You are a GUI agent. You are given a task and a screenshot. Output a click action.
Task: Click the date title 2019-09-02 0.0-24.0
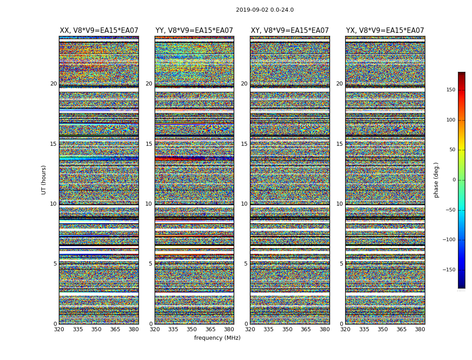265,10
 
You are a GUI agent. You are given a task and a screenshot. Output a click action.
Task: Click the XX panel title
99,31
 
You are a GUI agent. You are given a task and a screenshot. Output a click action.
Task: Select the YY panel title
194,31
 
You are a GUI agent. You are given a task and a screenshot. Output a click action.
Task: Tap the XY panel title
289,31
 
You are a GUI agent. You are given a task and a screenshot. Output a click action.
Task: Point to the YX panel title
385,31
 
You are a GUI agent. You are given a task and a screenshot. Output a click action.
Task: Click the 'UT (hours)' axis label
44,180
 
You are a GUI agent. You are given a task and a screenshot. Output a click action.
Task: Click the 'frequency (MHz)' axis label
217,338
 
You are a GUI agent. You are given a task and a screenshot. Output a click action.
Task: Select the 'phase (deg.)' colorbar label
436,180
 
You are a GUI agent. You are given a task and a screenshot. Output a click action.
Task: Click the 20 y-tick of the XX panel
53,84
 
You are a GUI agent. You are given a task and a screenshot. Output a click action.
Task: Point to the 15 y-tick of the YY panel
149,144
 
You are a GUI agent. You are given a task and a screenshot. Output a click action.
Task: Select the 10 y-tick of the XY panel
244,204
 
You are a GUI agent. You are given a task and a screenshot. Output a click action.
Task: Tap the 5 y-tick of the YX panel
341,264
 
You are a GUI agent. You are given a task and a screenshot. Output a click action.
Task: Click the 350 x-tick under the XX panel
96,329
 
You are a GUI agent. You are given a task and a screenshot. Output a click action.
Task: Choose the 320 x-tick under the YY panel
155,329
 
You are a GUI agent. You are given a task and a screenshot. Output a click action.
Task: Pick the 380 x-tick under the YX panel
420,329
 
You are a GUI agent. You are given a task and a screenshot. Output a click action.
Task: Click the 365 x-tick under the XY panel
306,329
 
